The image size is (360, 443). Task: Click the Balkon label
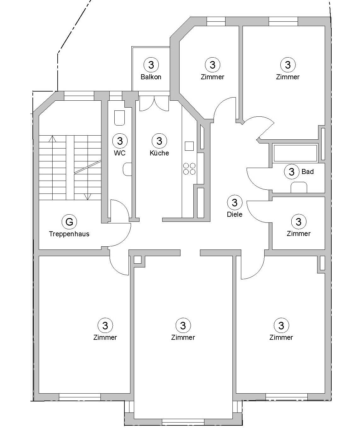click(x=151, y=77)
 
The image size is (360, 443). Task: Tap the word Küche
click(x=159, y=153)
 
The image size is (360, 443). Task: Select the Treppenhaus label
click(x=69, y=234)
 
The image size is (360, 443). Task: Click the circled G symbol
click(x=69, y=222)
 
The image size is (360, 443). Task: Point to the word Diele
click(x=235, y=214)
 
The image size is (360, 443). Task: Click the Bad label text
click(x=307, y=171)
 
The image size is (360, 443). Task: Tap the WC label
click(x=120, y=153)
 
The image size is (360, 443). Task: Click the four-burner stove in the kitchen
click(x=189, y=169)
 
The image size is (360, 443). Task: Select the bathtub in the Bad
click(x=295, y=153)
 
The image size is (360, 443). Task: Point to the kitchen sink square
click(x=189, y=146)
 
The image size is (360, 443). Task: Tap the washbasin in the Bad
click(x=299, y=187)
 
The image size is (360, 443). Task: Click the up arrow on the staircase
click(x=53, y=138)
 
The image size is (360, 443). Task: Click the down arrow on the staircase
click(x=87, y=197)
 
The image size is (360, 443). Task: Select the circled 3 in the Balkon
click(x=151, y=64)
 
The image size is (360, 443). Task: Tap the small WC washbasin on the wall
click(x=127, y=169)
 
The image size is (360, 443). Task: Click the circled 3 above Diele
click(x=235, y=202)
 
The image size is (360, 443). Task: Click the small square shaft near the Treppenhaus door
click(x=138, y=260)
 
